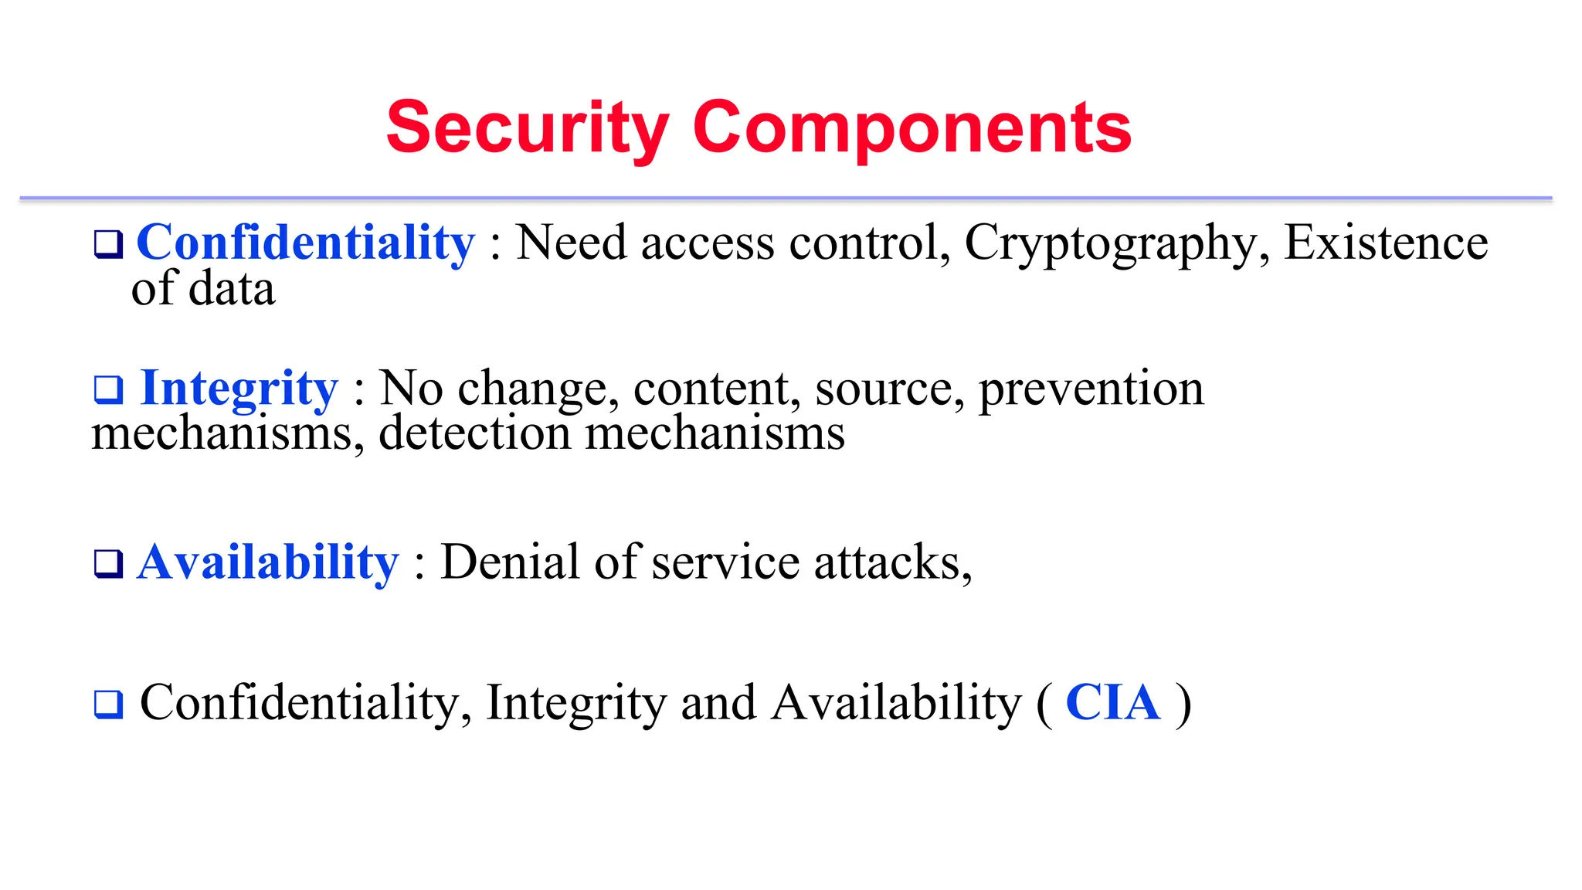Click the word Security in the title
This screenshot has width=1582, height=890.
click(x=528, y=128)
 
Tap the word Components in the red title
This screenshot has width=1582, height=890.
click(x=912, y=128)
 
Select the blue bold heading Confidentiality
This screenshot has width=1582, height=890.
click(x=305, y=243)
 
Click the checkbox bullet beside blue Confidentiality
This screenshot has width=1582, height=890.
click(x=108, y=244)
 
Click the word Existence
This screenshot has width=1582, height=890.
click(x=1386, y=243)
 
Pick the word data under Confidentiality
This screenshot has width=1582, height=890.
click(x=232, y=289)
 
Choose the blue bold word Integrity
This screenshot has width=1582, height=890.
click(x=239, y=388)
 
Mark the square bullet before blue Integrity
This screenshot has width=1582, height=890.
click(x=108, y=389)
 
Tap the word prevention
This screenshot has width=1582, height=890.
click(x=1091, y=388)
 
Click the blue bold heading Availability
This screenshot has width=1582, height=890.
click(x=268, y=562)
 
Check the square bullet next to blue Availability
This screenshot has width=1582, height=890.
click(x=108, y=563)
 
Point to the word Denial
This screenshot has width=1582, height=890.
click(x=510, y=562)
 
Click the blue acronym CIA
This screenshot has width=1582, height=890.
click(x=1113, y=703)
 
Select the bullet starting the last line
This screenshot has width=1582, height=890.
click(x=108, y=704)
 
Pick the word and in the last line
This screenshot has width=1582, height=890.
click(x=718, y=703)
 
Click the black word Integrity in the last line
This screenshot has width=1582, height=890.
click(x=575, y=703)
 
